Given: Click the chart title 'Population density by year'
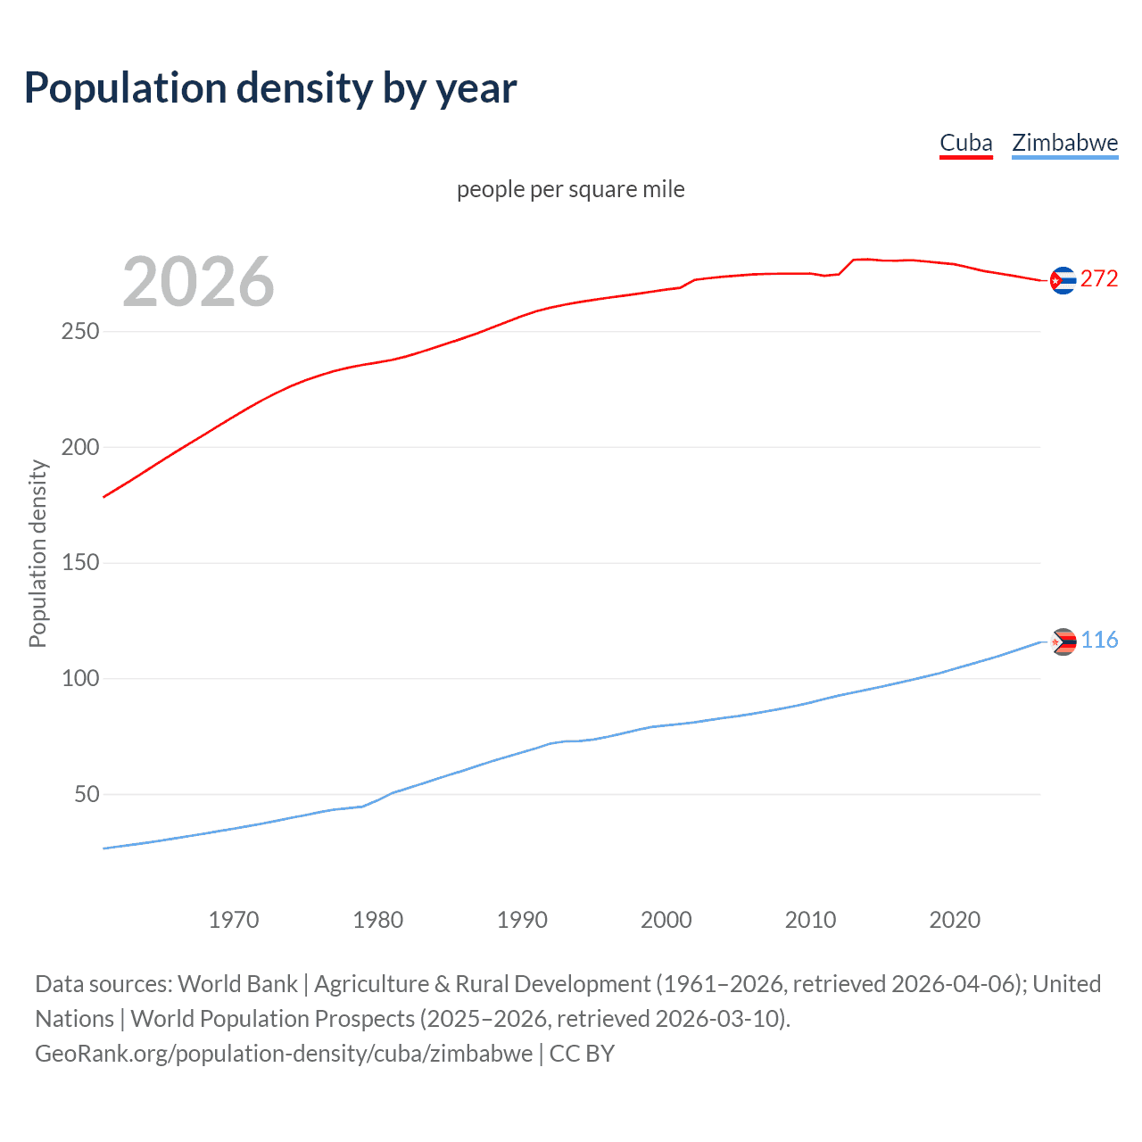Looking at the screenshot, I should tap(270, 88).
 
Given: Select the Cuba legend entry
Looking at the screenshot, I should tap(965, 144).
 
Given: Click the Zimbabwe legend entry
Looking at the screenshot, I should tap(1064, 144).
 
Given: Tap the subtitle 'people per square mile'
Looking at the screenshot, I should tap(570, 190).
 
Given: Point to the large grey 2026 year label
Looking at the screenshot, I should tap(198, 282).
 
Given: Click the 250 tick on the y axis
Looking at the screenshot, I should tap(80, 332).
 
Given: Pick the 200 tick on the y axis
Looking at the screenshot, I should tap(80, 447).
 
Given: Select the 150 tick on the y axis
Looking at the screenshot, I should tap(80, 563).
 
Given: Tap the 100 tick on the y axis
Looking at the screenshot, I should tap(80, 678).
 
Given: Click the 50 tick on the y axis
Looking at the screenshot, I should tap(87, 794).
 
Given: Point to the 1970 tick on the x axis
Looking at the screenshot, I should tap(234, 920).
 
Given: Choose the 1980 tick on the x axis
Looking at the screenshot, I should tap(377, 920).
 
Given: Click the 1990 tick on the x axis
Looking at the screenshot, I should tap(522, 920).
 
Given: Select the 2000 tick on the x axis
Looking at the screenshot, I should tap(666, 920).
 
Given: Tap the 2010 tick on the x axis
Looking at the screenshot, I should tap(810, 920).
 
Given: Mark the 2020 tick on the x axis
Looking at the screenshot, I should tap(955, 920).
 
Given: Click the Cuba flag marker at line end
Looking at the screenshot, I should tap(1063, 280).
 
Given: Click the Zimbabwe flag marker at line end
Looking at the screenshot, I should tap(1063, 641).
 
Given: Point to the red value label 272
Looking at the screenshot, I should tap(1099, 279).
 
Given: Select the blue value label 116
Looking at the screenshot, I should tap(1099, 641).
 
